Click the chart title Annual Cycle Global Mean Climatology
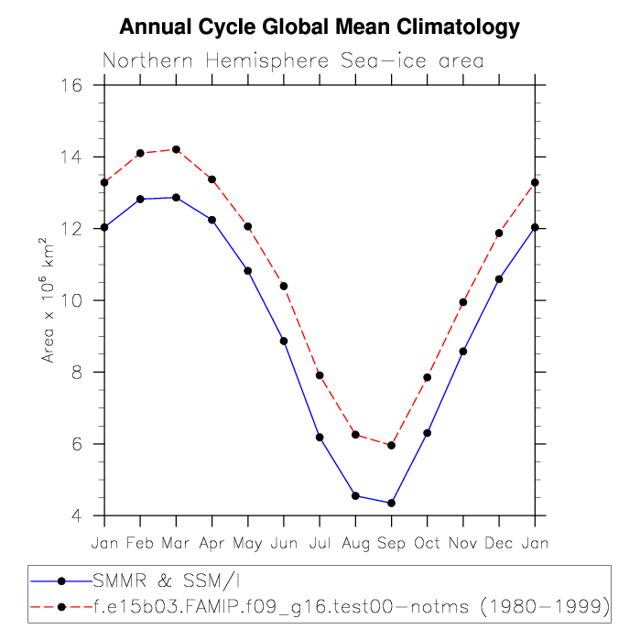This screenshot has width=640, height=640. tap(320, 28)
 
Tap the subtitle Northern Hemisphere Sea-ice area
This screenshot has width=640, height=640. tap(293, 62)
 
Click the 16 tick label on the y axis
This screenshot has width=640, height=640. tap(72, 85)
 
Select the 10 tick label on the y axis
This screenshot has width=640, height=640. tap(72, 300)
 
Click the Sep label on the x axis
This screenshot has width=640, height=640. tap(391, 544)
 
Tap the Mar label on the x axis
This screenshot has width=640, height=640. tap(176, 544)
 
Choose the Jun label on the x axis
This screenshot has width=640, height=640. tap(284, 544)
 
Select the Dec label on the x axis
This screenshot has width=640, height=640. tap(499, 544)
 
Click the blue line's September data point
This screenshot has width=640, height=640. tap(391, 503)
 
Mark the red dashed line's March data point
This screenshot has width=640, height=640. tap(176, 149)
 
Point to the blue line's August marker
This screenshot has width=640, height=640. tap(355, 495)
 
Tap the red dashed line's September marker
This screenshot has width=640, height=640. tap(391, 445)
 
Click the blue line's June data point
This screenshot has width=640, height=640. tap(284, 341)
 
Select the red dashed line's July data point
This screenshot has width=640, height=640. tap(320, 375)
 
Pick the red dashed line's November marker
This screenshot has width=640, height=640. tap(463, 302)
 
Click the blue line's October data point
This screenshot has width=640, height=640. tap(427, 433)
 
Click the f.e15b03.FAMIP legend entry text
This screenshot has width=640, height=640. tap(352, 605)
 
